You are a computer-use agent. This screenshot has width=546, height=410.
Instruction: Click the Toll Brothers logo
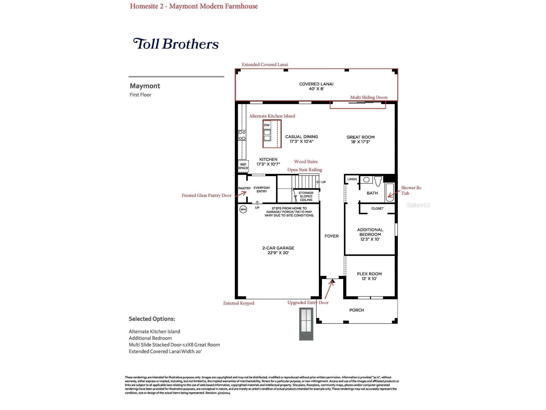[176, 44]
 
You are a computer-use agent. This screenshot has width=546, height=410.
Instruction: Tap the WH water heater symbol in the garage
[243, 209]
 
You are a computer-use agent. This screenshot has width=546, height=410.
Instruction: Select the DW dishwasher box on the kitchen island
[267, 125]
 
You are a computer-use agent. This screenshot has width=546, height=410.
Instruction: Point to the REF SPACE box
[243, 166]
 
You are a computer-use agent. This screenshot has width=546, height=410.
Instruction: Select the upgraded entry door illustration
[306, 324]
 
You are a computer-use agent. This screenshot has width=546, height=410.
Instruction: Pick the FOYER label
[332, 236]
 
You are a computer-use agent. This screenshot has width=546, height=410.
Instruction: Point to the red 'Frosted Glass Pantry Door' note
[207, 195]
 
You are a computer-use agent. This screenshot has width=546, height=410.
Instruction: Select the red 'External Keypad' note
[239, 303]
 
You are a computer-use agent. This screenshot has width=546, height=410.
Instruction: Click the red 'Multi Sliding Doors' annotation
[369, 97]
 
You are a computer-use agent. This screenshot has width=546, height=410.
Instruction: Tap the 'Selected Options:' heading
[152, 319]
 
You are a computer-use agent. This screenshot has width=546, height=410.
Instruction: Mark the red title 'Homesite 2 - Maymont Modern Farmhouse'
[194, 6]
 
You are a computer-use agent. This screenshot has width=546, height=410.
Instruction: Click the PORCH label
[357, 310]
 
